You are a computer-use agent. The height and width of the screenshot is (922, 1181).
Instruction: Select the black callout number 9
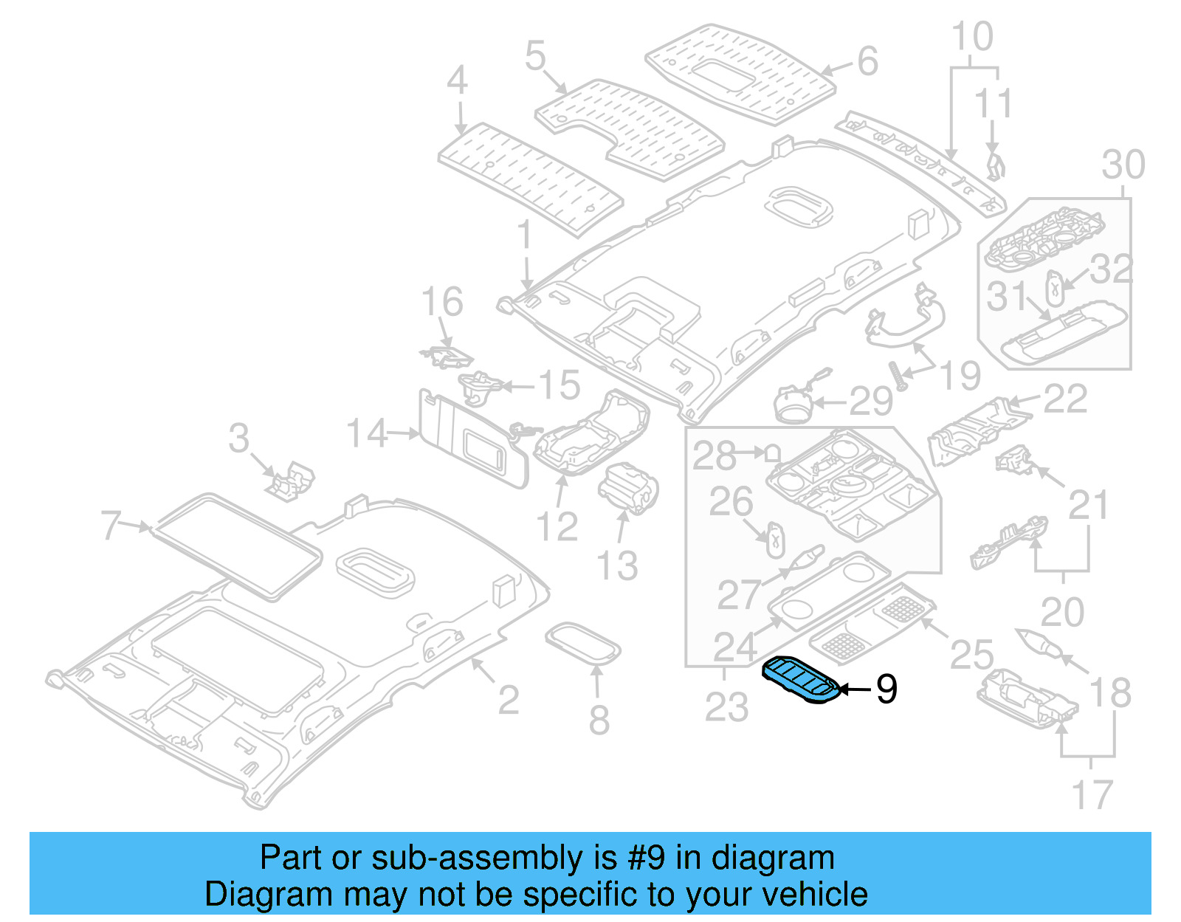point(886,689)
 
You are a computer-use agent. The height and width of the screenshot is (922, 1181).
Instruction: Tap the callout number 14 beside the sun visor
point(367,433)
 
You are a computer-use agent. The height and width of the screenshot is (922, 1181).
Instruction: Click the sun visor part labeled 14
point(472,440)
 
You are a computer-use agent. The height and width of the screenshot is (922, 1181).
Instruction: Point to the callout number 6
point(867,61)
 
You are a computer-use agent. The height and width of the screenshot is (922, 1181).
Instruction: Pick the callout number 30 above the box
point(1123,165)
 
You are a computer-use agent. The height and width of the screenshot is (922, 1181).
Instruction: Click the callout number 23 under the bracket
point(726,706)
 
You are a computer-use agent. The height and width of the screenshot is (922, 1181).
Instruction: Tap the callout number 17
point(1091,795)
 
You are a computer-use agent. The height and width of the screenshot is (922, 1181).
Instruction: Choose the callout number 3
point(238,438)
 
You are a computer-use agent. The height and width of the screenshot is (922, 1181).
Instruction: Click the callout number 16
point(441,302)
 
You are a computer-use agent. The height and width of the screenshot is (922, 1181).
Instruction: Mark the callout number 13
point(617,566)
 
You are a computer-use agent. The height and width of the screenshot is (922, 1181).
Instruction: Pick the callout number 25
point(971,655)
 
